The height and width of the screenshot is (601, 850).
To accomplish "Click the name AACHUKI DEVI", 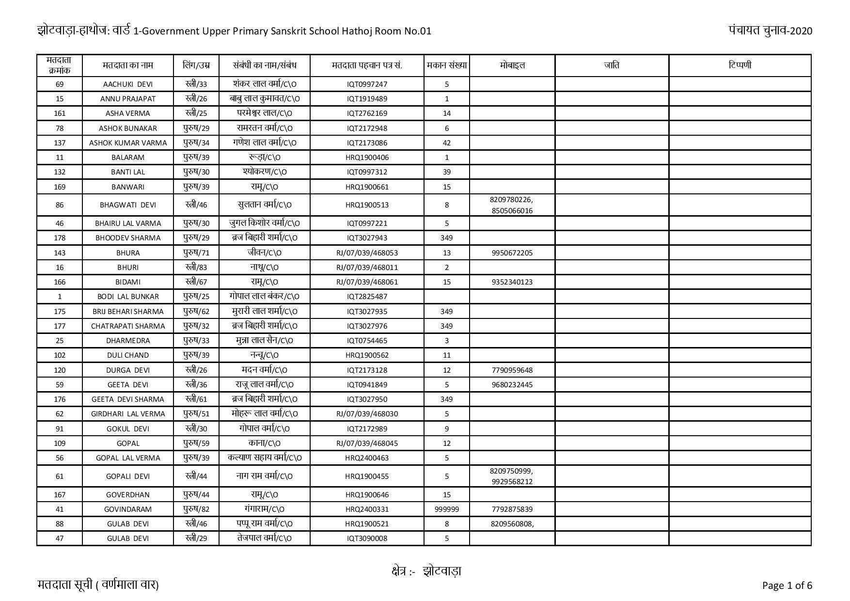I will coord(128,84).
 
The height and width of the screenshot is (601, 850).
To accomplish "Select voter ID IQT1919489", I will coord(367,99).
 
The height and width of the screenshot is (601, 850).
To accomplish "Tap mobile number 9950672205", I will coord(512,253).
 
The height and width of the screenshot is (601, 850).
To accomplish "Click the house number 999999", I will coord(446,509).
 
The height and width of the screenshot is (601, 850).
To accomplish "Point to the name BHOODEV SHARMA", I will coord(128,238).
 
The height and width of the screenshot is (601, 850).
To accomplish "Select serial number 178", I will coord(60,238).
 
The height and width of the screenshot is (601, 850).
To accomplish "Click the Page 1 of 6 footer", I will coord(787,585).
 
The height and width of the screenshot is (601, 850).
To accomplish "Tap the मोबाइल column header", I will coord(512,65).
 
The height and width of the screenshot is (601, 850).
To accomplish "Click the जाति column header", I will coord(612,65).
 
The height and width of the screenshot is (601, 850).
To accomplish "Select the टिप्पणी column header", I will coord(740,65).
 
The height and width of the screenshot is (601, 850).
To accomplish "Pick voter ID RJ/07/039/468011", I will coord(367,268).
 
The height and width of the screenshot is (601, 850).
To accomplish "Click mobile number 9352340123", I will coord(512,282).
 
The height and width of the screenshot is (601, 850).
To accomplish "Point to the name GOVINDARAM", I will coord(128,509).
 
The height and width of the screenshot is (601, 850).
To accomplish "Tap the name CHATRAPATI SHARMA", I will coord(128,326).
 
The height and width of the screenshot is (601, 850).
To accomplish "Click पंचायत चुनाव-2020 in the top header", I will coord(770,31).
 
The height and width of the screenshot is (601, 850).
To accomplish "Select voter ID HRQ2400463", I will coord(367,458).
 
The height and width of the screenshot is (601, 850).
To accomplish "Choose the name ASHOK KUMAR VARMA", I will coord(128,143).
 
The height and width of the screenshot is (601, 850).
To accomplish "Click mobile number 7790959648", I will coord(512,370).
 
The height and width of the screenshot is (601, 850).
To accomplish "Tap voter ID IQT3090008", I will coord(367,538).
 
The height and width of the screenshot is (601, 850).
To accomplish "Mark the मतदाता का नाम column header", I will coord(128,65).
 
